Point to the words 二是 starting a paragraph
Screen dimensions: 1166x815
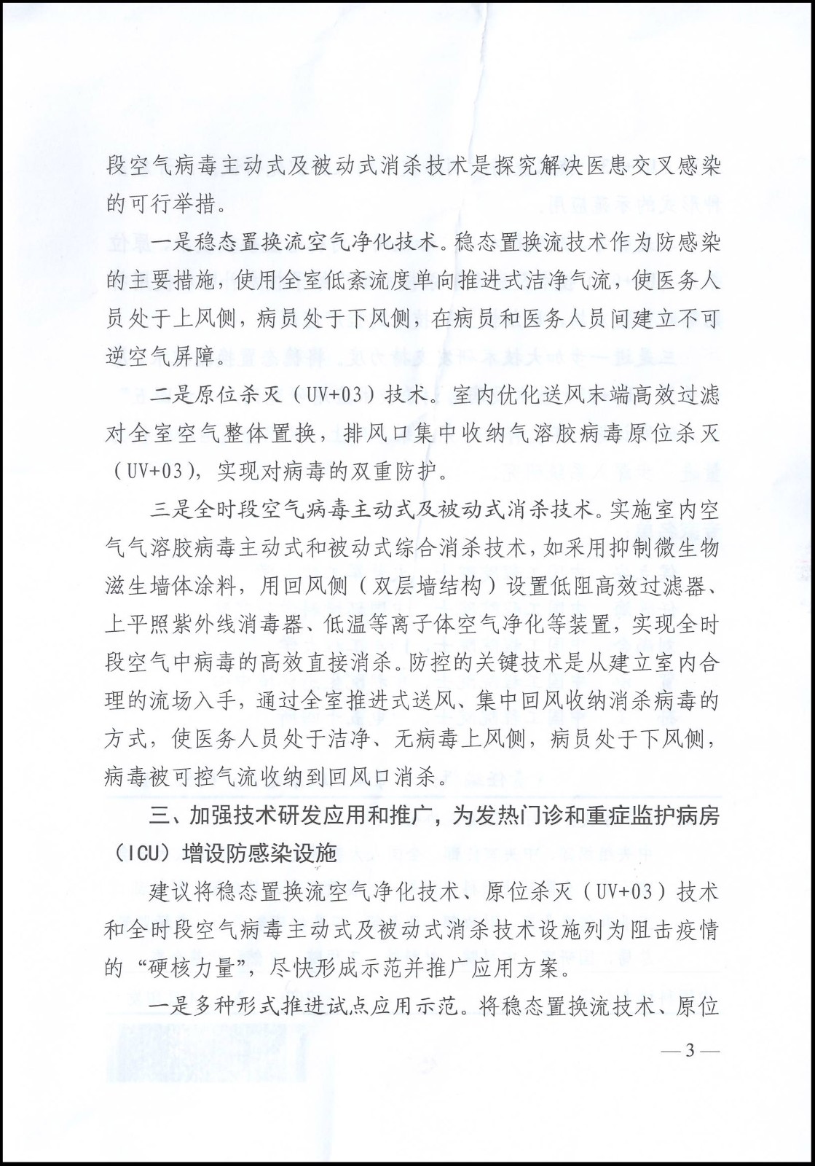171,395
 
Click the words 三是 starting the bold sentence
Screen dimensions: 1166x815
171,508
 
